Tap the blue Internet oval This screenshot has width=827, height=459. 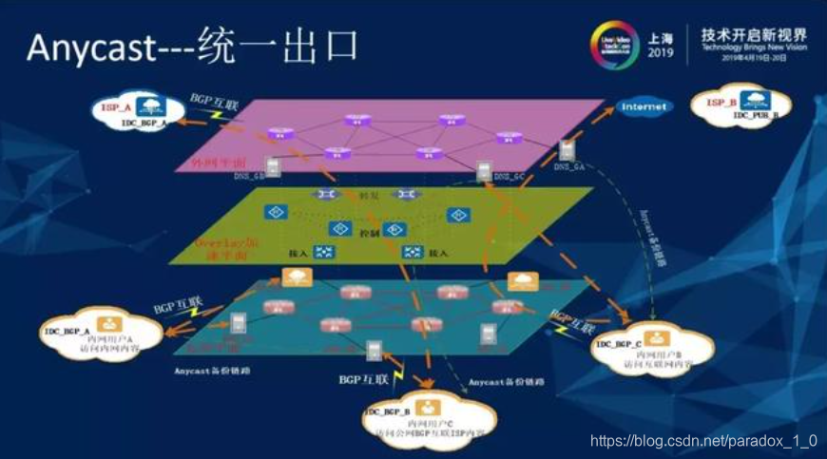coord(645,107)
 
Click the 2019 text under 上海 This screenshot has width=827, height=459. coord(660,53)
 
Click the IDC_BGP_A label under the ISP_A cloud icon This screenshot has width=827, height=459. coord(144,124)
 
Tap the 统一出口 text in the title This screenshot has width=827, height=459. coord(280,48)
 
